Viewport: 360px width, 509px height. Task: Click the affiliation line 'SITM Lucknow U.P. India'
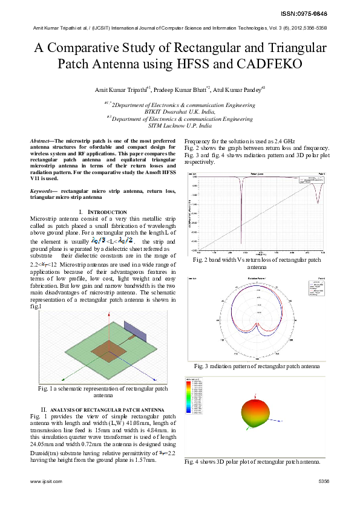pos(180,126)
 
